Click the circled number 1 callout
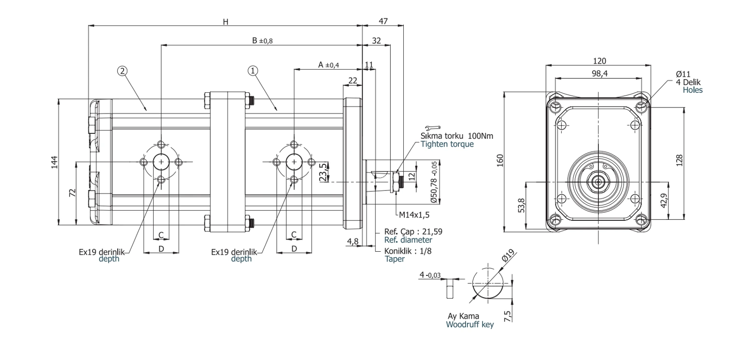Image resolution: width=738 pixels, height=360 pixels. point(253,71)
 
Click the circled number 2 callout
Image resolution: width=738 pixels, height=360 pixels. point(122,71)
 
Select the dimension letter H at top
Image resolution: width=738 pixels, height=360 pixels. point(226,22)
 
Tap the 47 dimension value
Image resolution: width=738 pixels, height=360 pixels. point(383,21)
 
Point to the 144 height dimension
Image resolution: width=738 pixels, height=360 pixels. point(55,162)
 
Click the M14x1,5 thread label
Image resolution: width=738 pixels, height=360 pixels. point(414,215)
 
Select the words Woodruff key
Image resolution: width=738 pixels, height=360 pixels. point(470,324)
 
